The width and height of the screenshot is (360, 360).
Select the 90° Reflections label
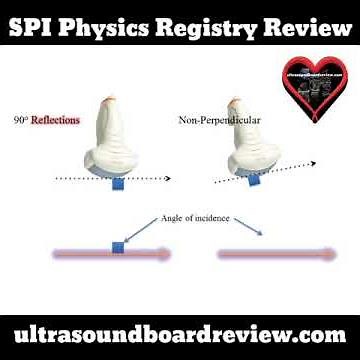(x=47, y=120)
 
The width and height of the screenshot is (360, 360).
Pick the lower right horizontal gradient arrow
(x=275, y=255)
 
